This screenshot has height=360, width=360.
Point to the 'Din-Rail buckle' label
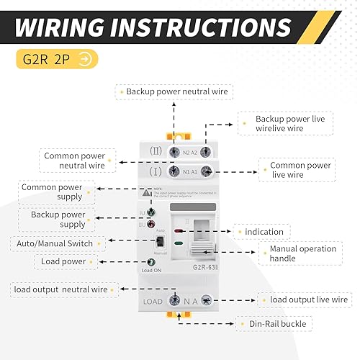point(277,324)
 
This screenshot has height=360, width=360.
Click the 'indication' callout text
point(264,232)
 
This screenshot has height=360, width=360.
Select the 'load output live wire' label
point(308,300)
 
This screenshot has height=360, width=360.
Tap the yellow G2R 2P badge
point(55,59)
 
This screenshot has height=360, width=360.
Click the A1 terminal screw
point(206,171)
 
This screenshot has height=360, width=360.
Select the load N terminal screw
point(174,300)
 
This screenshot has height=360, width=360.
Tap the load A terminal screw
point(206,300)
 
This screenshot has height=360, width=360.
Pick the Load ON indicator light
point(151,262)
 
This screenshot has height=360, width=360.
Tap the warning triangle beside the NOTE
point(147,193)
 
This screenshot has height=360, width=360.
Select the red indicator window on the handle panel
point(179,233)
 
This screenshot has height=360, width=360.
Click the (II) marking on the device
point(155,152)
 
